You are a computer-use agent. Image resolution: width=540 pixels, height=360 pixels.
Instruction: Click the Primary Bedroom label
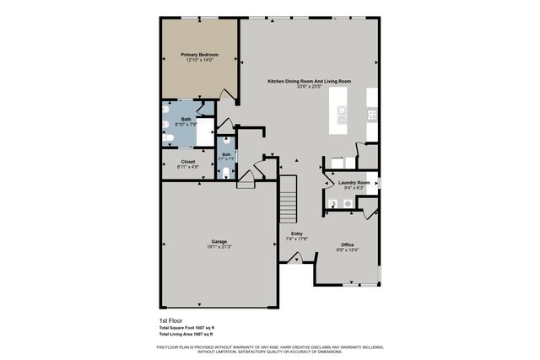199,55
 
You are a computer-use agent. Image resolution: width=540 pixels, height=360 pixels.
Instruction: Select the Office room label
347,244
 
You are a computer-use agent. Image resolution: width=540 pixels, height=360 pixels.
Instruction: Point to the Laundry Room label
354,182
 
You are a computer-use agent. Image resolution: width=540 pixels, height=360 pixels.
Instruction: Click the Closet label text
187,161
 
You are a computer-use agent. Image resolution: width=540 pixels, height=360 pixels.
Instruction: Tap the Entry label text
297,234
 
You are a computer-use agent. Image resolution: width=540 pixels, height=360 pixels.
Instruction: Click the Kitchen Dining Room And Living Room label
309,81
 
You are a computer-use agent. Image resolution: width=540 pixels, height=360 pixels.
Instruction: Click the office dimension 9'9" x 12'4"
347,250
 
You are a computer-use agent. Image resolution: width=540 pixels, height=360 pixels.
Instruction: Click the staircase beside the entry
289,199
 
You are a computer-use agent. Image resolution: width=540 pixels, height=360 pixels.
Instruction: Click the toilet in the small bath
226,172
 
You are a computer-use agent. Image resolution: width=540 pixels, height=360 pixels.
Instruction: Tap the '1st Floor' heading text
171,320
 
